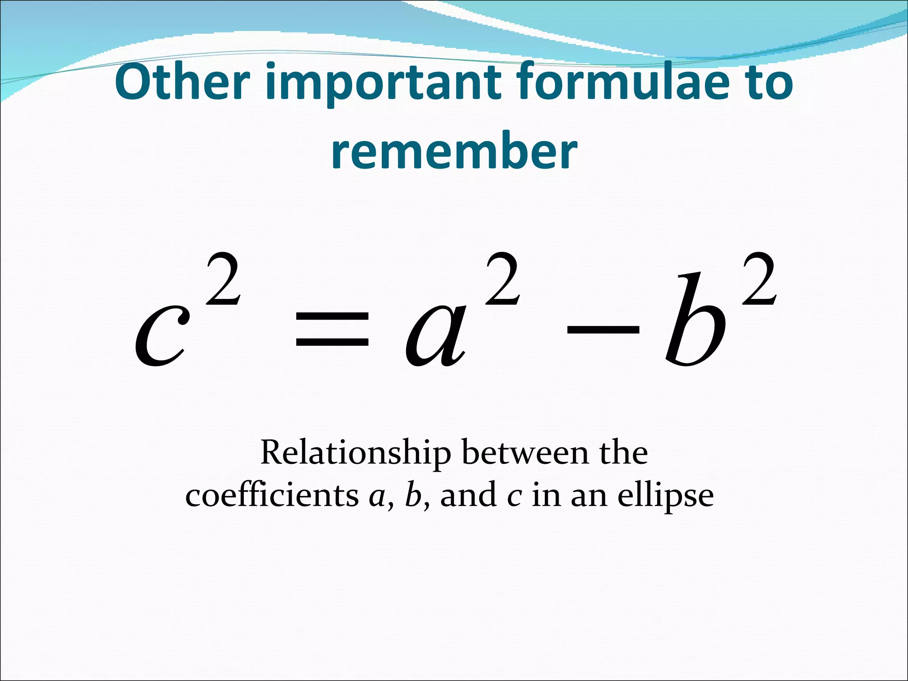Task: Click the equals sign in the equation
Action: pos(332,328)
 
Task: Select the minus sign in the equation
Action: pos(603,328)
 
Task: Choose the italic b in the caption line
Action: pos(413,495)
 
